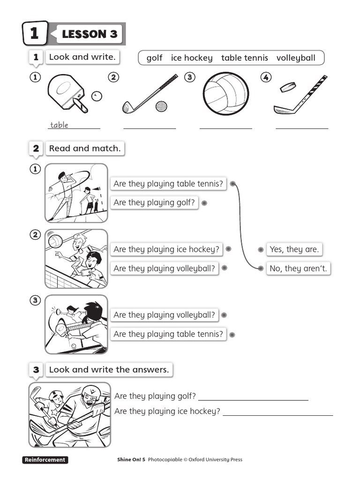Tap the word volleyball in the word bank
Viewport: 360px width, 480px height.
pyautogui.click(x=296, y=58)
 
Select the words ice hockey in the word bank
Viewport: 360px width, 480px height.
pyautogui.click(x=192, y=58)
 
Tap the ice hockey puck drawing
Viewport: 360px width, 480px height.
pyautogui.click(x=288, y=87)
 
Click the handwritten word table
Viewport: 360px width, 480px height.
pyautogui.click(x=59, y=125)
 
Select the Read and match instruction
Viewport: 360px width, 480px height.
pyautogui.click(x=85, y=149)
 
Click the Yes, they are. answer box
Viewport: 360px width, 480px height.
pyautogui.click(x=294, y=249)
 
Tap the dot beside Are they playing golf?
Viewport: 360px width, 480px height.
pyautogui.click(x=204, y=203)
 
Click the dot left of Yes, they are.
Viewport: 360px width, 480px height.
pyautogui.click(x=260, y=250)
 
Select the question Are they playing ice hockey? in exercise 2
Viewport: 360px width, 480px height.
pyautogui.click(x=166, y=249)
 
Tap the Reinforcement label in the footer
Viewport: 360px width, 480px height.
pyautogui.click(x=45, y=460)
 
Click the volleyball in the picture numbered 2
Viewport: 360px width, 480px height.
pyautogui.click(x=55, y=241)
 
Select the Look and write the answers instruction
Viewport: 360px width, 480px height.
pyautogui.click(x=109, y=370)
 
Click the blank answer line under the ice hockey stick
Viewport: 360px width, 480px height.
pyautogui.click(x=302, y=127)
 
